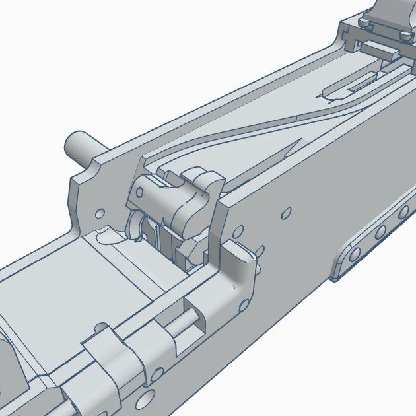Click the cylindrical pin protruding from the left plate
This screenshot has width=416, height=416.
click(x=81, y=146)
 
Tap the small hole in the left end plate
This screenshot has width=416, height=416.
click(x=100, y=214)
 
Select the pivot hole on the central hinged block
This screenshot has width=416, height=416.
click(x=139, y=192)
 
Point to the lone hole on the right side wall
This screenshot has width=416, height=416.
click(x=286, y=213)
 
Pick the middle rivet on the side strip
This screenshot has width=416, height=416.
click(x=380, y=232)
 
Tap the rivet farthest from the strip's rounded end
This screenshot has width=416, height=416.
click(x=403, y=213)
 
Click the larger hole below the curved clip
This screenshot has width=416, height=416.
click(x=144, y=399)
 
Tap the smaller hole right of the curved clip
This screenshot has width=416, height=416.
click(x=157, y=374)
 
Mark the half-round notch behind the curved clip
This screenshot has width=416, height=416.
click(x=101, y=328)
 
